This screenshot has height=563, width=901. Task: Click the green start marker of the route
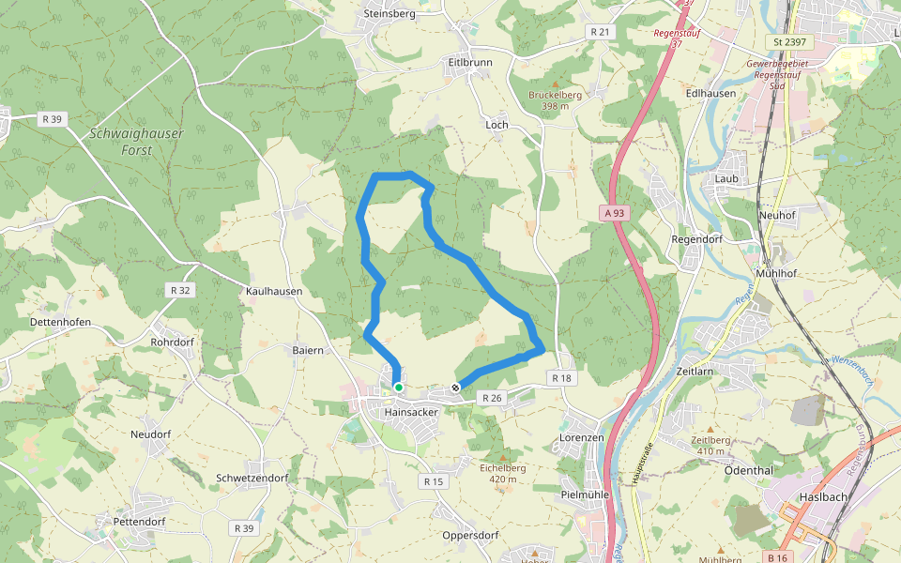399,387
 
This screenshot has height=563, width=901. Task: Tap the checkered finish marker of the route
456,387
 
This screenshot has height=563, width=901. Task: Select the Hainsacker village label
411,412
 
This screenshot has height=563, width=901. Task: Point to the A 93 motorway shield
614,213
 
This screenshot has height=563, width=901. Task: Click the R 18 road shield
561,377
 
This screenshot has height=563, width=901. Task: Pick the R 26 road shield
492,399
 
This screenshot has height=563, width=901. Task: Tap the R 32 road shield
180,290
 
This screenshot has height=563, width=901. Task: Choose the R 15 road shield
433,481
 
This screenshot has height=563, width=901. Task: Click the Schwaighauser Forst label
136,141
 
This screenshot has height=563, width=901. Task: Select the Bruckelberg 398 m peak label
555,100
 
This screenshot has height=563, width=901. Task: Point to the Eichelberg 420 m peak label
502,473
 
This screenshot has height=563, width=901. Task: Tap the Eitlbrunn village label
469,62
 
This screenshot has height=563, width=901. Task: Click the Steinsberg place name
389,14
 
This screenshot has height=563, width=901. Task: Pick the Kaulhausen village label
274,292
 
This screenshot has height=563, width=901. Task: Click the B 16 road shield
777,557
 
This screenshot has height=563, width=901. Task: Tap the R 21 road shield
600,32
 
